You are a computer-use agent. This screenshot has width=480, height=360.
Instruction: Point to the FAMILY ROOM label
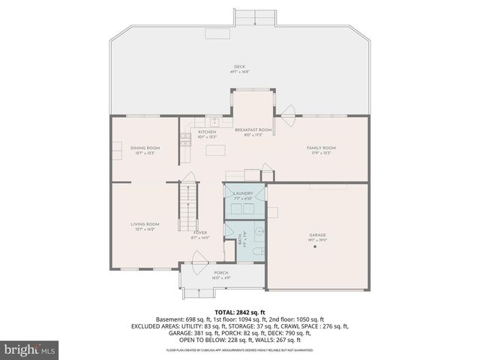click(321, 148)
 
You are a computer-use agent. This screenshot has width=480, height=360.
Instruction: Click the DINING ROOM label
click(145, 148)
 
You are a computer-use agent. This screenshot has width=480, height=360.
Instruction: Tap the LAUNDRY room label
click(243, 193)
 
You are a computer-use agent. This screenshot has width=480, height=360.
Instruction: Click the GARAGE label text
click(317, 235)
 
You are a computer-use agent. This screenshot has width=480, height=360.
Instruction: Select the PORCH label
click(221, 272)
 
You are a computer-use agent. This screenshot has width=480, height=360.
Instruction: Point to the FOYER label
click(200, 232)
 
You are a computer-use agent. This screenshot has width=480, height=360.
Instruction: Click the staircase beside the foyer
click(186, 209)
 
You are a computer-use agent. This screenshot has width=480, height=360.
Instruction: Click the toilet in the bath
click(256, 250)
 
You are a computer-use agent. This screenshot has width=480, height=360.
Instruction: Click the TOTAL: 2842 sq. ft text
click(240, 311)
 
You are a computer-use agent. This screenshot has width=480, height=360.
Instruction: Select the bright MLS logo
click(29, 349)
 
